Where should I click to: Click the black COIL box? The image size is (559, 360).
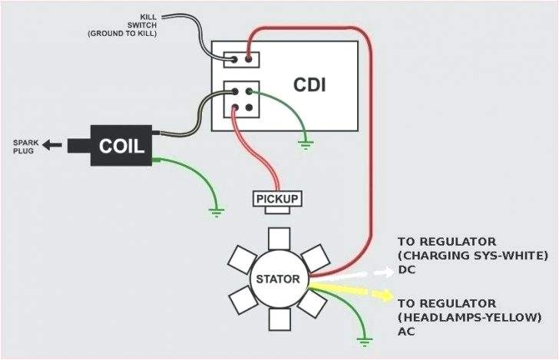click(x=122, y=145)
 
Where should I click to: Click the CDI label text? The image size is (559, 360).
click(x=309, y=84)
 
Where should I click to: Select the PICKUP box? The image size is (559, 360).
click(x=277, y=200)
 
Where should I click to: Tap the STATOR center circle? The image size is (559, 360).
click(x=278, y=277)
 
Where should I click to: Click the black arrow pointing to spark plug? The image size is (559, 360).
click(x=52, y=144)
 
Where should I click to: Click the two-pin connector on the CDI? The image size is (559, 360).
click(x=241, y=59)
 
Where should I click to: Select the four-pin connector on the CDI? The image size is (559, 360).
click(x=241, y=99)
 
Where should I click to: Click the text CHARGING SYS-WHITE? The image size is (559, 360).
click(x=472, y=255)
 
